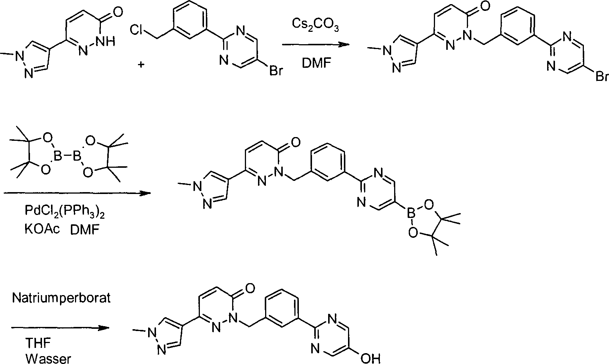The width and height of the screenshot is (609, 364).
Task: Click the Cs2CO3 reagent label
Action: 315,25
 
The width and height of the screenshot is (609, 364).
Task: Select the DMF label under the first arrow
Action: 316,63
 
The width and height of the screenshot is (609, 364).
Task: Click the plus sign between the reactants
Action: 141,65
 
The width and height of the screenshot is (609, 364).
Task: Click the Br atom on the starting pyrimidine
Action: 276,71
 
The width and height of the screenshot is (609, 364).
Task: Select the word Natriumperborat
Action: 61,298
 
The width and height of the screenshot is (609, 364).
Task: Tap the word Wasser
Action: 48,359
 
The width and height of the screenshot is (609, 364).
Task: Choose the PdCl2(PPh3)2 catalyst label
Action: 65,211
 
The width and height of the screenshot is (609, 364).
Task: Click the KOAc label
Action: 42,229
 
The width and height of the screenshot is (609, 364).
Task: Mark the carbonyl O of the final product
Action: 250,288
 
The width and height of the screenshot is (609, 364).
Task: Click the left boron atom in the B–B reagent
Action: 58,156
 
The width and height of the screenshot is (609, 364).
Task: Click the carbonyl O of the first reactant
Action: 118,12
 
